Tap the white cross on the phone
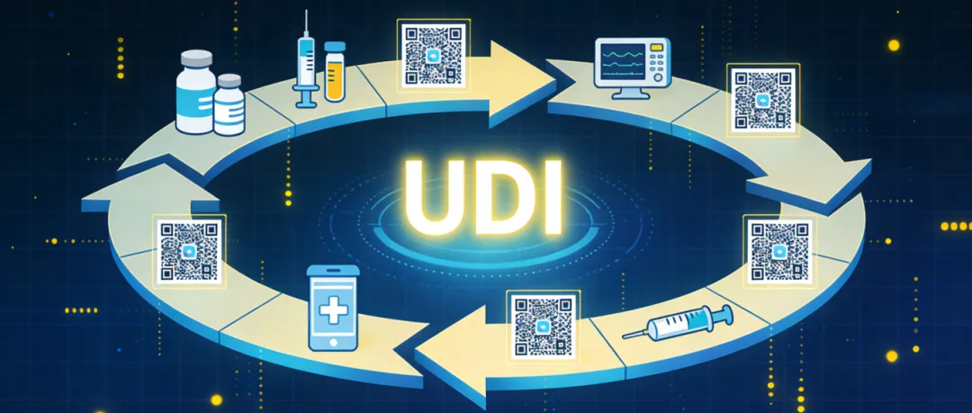click(334, 311)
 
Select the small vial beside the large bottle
click(229, 105)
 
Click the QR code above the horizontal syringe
click(779, 249)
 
